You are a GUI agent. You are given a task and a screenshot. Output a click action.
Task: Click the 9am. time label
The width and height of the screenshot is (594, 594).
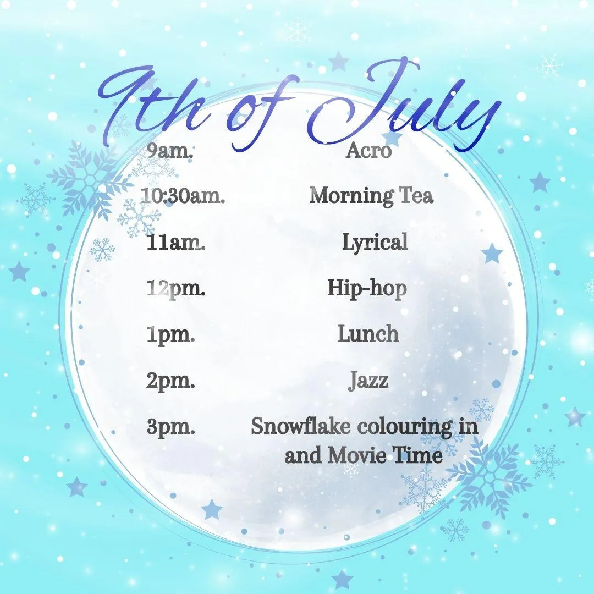point(170,151)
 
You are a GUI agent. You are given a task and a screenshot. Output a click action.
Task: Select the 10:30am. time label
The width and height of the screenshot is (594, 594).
point(183,196)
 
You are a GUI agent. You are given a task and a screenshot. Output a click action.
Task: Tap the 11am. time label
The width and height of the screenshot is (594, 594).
point(176,243)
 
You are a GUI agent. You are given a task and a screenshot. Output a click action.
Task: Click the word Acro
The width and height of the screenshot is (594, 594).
point(369,151)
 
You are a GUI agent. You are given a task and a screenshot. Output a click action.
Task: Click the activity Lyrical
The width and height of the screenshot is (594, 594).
point(375,243)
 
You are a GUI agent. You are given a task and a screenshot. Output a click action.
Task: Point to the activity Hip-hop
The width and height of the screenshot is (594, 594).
point(367,289)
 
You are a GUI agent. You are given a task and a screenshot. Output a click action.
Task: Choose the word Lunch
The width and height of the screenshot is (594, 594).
point(369,334)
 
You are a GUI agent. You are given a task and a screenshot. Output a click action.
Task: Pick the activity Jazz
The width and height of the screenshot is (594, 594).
point(369,381)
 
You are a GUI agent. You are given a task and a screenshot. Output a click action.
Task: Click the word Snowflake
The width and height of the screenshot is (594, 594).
point(301,427)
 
